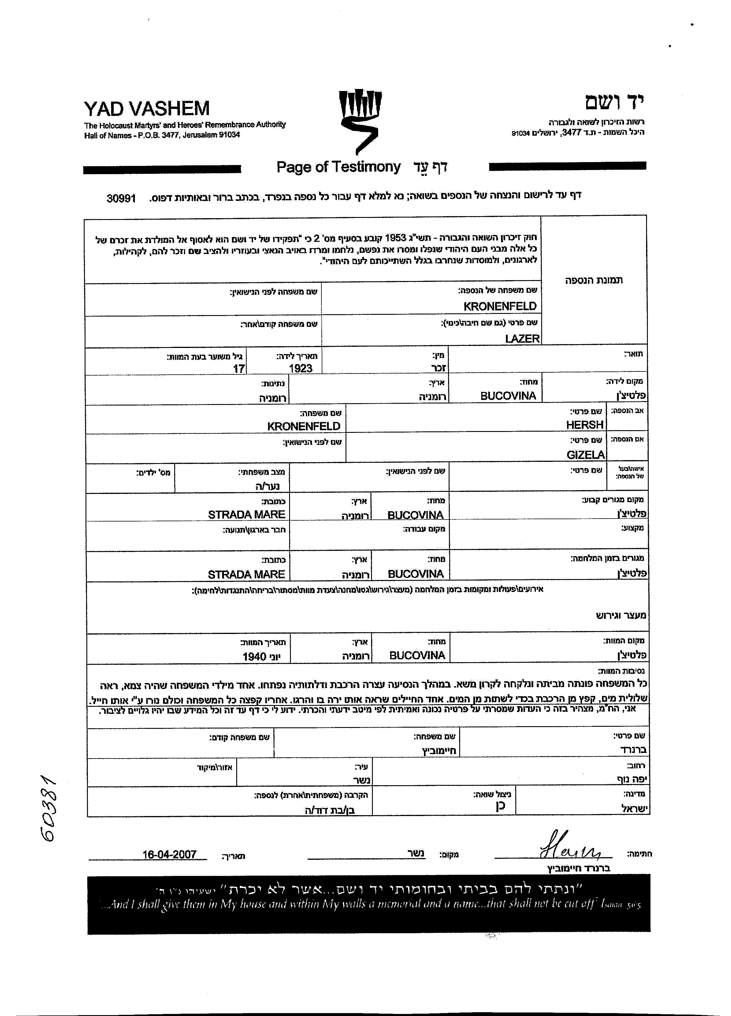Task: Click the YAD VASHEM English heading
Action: point(147,108)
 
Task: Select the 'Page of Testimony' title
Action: point(338,167)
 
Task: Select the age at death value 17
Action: point(239,368)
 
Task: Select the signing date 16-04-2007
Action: point(170,854)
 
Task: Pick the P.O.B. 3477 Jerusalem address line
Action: point(162,135)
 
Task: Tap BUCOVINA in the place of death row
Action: point(417,655)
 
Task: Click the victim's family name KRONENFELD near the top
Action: point(500,306)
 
